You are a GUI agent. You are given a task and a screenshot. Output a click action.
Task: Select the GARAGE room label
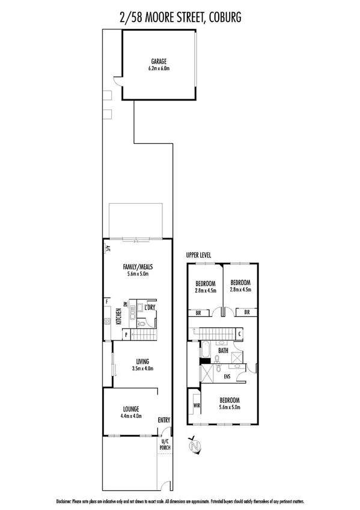(159, 61)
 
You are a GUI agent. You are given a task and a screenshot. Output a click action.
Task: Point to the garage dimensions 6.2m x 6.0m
(159, 69)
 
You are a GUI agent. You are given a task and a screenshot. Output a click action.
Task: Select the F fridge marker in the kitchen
(106, 301)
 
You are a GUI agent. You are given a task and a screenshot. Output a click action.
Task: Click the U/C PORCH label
(165, 444)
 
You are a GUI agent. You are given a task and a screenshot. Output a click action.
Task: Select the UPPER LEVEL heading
(199, 255)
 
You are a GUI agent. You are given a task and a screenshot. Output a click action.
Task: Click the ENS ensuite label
(228, 377)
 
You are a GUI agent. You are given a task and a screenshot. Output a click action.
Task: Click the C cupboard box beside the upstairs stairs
(240, 333)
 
